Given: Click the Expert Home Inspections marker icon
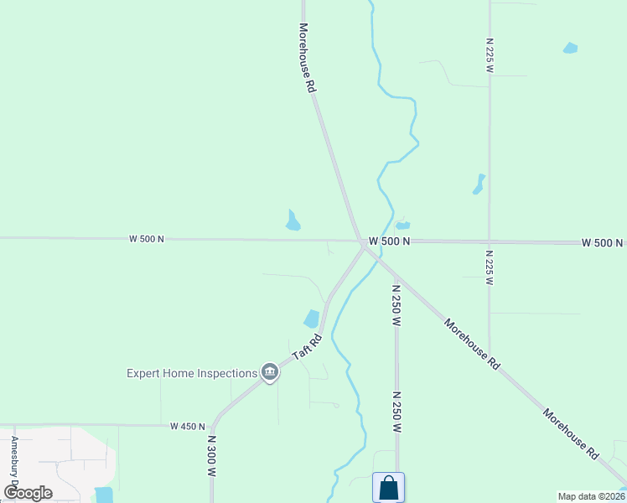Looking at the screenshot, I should click(x=269, y=373).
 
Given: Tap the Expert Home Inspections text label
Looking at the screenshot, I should click(x=191, y=373).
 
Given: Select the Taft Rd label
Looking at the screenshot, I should click(x=307, y=348).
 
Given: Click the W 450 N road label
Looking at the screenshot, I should click(x=187, y=426).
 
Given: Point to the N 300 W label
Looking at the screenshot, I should click(x=212, y=455).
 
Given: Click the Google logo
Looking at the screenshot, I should click(x=28, y=492).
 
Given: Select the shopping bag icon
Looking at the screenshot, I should click(x=388, y=487).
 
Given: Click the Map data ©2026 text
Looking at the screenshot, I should click(x=591, y=496).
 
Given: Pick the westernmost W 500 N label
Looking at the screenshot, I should click(x=147, y=239).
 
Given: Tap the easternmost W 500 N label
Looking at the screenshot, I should click(x=603, y=242).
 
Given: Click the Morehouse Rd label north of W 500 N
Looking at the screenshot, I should click(x=307, y=57).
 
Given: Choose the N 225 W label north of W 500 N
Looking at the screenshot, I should click(x=489, y=54).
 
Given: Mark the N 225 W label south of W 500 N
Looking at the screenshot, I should click(x=489, y=267).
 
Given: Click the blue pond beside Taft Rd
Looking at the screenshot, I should click(x=312, y=319).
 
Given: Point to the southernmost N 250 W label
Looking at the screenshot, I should click(x=396, y=410).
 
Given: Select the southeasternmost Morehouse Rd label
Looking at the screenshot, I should click(x=570, y=434).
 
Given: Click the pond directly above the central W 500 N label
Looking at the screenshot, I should click(x=403, y=225).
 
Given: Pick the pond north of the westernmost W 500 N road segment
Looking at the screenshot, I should click(x=293, y=220).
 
